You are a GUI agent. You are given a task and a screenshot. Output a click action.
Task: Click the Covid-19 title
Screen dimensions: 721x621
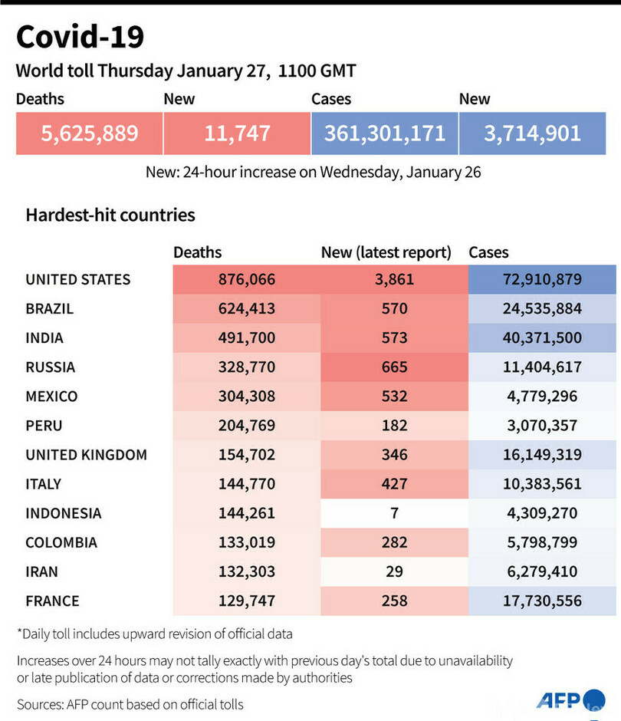[80, 37]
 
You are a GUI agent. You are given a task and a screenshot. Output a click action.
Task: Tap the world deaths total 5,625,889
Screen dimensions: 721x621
[90, 133]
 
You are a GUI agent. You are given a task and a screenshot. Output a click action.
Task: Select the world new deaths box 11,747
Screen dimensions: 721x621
[237, 133]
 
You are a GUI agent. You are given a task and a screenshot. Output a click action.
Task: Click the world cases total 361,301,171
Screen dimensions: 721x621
[384, 133]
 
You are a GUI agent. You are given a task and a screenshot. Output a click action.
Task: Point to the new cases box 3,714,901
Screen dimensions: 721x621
[532, 133]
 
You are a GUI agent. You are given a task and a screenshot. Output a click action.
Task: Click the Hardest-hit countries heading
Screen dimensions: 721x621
[110, 215]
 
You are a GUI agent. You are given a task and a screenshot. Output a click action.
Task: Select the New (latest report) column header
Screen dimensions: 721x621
[386, 252]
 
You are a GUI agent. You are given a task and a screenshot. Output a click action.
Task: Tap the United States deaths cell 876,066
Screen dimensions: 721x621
[246, 280]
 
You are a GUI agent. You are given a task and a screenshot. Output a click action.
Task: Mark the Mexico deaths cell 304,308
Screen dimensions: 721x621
[246, 397]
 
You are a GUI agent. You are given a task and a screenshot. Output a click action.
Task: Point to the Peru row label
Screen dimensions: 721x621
[44, 426]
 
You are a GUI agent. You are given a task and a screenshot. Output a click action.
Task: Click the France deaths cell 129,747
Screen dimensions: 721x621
[246, 601]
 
